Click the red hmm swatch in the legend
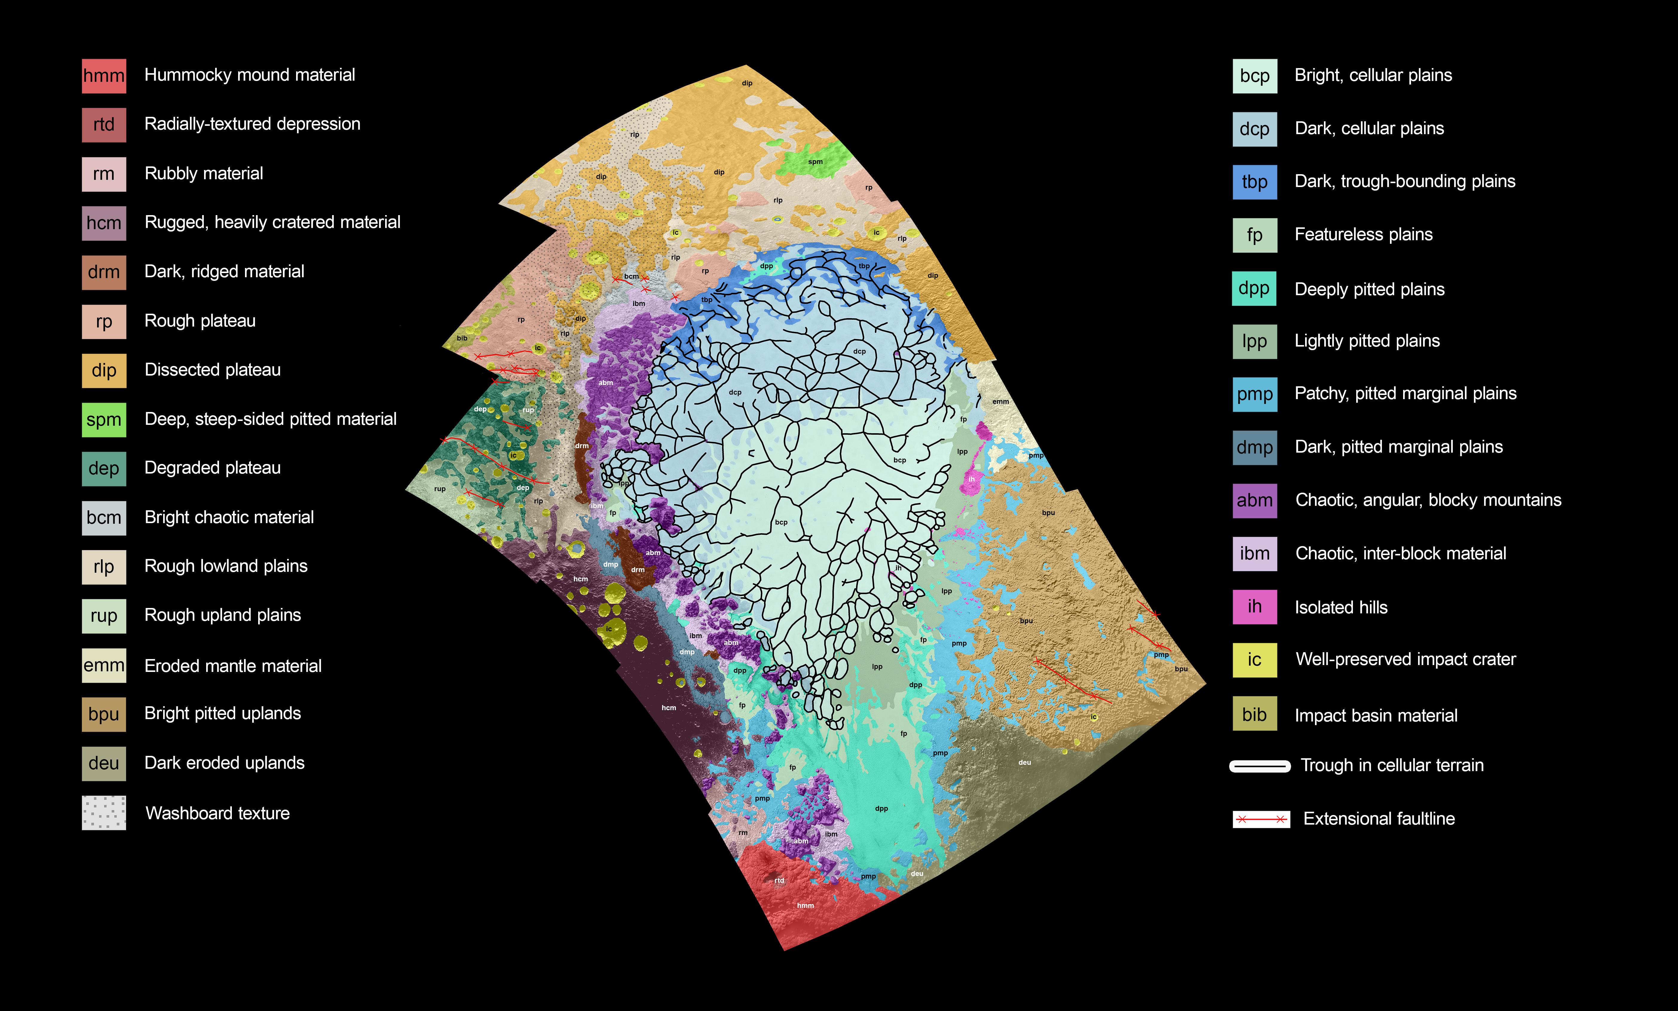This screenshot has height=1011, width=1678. (103, 76)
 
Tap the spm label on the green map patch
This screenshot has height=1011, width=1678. (815, 162)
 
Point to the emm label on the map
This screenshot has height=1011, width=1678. (1000, 402)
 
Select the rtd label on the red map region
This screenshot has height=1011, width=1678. (779, 880)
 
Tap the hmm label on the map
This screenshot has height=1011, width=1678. (805, 906)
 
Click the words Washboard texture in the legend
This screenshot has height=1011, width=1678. (217, 814)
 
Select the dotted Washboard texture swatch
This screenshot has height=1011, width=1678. (103, 813)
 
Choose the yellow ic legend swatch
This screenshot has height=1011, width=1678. (1254, 660)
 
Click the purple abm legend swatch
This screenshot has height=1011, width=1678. (1254, 500)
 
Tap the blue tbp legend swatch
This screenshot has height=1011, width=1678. (1254, 182)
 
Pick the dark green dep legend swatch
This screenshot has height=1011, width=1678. (103, 468)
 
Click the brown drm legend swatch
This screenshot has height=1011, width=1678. (103, 272)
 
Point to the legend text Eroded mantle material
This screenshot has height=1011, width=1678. (233, 666)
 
